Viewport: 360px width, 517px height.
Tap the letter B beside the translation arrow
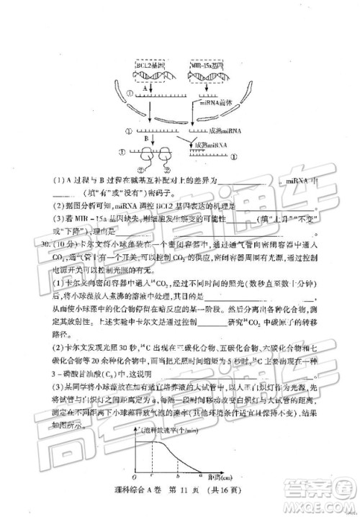(x=145, y=135)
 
